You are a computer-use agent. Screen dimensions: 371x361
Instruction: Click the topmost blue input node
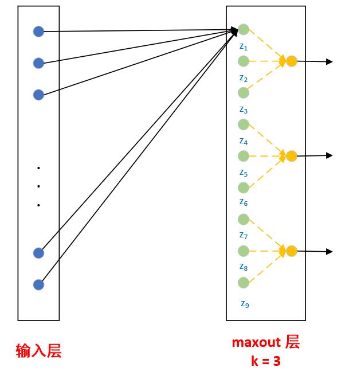[x=38, y=32]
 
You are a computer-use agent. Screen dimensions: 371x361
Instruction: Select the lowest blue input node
[x=38, y=284]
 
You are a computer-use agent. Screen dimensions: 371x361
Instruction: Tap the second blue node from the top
[x=38, y=63]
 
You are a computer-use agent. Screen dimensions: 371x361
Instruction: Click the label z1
[x=244, y=46]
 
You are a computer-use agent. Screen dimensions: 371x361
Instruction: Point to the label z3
[x=244, y=110]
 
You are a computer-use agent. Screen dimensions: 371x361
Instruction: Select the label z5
[x=244, y=173]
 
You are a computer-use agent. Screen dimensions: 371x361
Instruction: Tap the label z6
[x=244, y=202]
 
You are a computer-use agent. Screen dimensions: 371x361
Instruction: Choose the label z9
[x=245, y=304]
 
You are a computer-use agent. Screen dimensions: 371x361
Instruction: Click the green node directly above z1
[x=244, y=29]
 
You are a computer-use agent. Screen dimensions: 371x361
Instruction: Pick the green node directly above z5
[x=244, y=156]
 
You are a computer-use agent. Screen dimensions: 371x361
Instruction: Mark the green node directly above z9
[x=244, y=283]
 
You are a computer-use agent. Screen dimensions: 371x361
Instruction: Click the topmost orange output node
[x=291, y=61]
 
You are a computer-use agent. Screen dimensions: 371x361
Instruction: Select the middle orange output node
[x=291, y=155]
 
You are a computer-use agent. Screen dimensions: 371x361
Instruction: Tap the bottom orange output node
[x=291, y=251]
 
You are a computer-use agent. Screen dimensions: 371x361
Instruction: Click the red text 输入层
[x=38, y=350]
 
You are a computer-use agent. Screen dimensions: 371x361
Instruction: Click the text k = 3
[x=265, y=361]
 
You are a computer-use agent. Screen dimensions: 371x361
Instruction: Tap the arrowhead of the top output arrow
[x=329, y=61]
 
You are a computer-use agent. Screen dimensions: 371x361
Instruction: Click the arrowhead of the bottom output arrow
[x=329, y=251]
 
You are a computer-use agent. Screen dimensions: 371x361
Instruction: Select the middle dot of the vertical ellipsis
[x=38, y=186]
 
